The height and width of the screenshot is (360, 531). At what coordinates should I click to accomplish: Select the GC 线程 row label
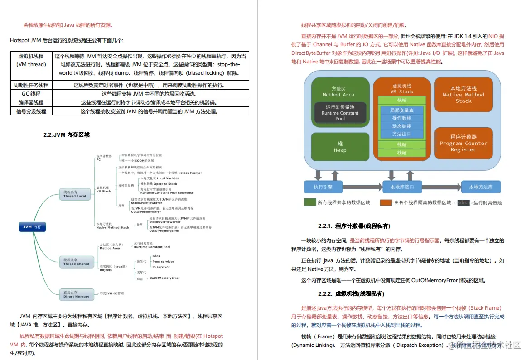coord(31,94)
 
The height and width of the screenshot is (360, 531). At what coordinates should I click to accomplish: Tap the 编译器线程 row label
coord(31,102)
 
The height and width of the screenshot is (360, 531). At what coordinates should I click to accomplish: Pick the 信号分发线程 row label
coord(31,111)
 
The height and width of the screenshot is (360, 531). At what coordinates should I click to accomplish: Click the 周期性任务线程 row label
coord(31,85)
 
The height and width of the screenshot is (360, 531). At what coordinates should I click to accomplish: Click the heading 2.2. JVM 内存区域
coord(66,134)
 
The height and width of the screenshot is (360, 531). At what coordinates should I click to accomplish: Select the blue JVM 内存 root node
coord(33,227)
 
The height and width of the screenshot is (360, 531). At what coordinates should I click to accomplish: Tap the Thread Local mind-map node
coord(75,194)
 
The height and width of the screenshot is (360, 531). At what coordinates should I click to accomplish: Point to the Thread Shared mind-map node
coord(75,262)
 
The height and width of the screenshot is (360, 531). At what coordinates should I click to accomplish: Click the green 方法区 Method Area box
coord(339,91)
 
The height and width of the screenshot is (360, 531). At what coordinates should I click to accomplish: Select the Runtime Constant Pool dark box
coord(340,113)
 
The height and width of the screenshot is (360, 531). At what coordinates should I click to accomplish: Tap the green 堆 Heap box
coord(340,147)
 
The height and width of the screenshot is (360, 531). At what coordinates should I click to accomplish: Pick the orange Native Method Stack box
coord(463,95)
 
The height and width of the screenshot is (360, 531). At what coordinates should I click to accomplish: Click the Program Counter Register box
coord(463,143)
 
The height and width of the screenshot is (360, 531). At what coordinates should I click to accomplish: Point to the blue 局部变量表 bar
coord(401,110)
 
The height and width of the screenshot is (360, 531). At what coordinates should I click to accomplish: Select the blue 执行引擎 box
coord(323,187)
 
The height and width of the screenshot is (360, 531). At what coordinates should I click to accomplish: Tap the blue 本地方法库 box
coord(481,187)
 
